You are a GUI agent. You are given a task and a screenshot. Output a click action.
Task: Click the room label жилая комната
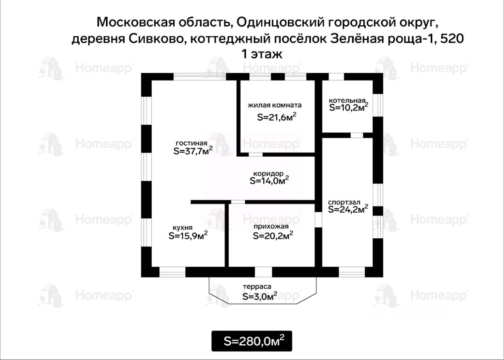point(274,105)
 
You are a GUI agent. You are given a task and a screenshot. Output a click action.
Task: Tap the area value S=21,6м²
point(276,117)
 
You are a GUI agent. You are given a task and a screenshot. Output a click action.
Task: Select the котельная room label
point(347,100)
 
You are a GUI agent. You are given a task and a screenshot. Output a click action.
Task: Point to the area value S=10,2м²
point(348,107)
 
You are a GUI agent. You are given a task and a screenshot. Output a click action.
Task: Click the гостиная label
point(191,143)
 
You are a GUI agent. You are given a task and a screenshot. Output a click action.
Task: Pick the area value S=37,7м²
point(193,151)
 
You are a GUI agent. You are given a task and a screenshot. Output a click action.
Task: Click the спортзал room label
point(344,202)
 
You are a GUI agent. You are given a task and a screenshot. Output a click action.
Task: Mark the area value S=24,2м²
point(348,209)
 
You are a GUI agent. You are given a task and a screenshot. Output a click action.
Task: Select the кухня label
point(183,228)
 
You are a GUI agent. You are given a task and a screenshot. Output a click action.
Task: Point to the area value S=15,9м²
point(188,236)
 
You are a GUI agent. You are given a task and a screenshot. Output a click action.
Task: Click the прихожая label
point(271,226)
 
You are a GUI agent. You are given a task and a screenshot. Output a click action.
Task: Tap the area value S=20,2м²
point(272,236)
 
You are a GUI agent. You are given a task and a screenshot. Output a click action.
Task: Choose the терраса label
point(257,287)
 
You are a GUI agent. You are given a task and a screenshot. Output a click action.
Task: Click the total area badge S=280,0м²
point(252,341)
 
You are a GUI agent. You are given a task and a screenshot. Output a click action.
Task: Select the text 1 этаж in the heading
point(262,54)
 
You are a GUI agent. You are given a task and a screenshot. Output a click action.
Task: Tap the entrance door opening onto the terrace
point(263,272)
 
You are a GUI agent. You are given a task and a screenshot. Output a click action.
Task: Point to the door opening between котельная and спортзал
point(356,135)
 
